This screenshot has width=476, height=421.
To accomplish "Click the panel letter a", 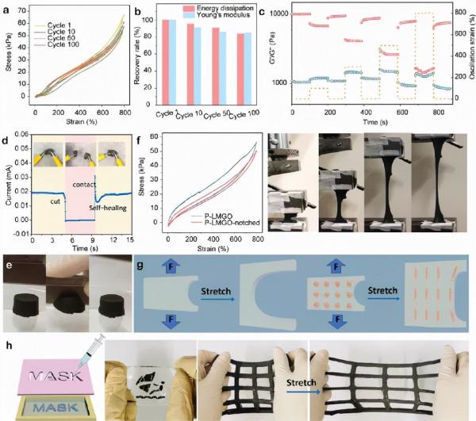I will [6, 7].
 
